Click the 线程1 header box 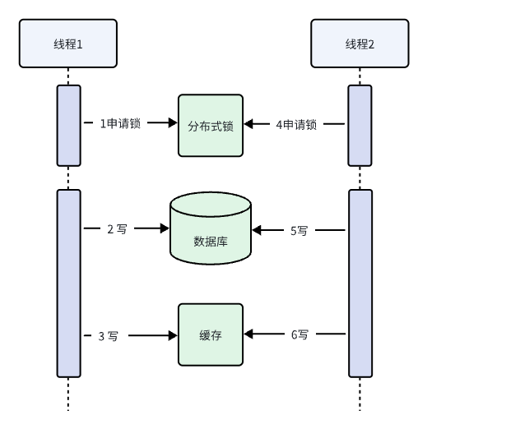[x=68, y=44]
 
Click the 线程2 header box [x=360, y=44]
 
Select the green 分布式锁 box [x=211, y=125]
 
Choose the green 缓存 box [x=211, y=334]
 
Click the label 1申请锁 [x=120, y=124]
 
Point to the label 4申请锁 [x=296, y=125]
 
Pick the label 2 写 [x=117, y=229]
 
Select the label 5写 [x=299, y=231]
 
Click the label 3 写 [x=108, y=335]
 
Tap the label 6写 [x=299, y=334]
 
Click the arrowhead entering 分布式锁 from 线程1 [x=173, y=123]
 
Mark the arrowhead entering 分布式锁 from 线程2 [x=249, y=125]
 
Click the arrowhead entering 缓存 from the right [x=249, y=334]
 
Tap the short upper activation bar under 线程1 [x=68, y=125]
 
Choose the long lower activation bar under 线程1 [x=68, y=283]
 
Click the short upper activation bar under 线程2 [x=360, y=125]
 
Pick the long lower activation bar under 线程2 [x=360, y=283]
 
